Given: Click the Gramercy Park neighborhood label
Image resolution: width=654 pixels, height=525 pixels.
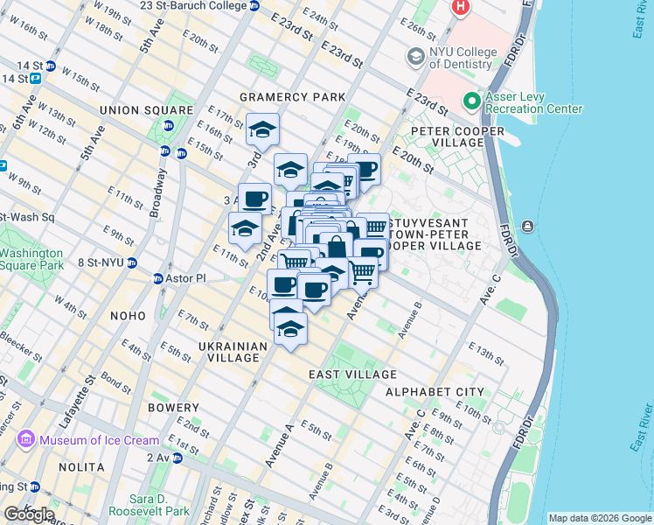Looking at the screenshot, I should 305,95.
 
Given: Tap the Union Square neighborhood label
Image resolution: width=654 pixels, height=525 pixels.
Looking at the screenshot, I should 146,110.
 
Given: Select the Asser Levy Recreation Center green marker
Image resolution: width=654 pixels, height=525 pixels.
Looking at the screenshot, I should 472,101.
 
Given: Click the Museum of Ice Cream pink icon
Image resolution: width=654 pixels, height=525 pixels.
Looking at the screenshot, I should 25,439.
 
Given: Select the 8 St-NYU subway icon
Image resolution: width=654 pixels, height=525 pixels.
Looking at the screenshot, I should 131,262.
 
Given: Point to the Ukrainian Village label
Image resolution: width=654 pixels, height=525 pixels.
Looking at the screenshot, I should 232,353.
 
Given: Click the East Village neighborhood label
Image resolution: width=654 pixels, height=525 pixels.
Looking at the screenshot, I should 352,374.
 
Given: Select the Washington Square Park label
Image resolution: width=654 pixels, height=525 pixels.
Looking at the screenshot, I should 31,259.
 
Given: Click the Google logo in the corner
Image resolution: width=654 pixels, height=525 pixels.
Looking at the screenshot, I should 29,514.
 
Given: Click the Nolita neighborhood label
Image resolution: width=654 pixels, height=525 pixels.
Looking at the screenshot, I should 81,467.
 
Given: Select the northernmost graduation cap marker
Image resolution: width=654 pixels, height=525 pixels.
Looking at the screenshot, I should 262,130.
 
